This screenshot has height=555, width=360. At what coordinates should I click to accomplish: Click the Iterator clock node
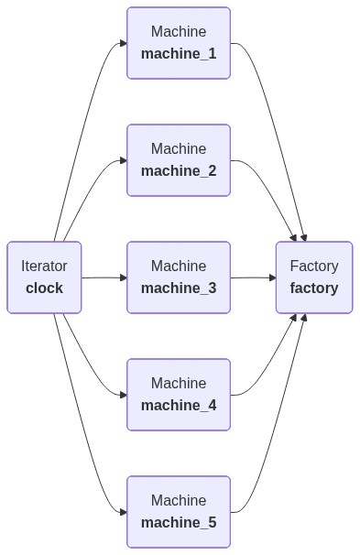coord(44,277)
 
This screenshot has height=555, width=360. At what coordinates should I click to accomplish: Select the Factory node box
coord(314,277)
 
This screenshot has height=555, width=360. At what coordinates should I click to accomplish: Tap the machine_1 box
coord(179,43)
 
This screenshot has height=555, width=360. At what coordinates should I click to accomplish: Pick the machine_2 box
coord(179,160)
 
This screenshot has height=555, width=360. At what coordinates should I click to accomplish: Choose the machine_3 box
coord(179,277)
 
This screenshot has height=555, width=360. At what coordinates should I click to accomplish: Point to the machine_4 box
coord(179,395)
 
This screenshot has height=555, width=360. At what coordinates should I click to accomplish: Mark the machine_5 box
coord(179,512)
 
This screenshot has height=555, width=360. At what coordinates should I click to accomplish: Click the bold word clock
coord(44,288)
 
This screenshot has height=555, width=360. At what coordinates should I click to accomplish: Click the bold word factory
coord(314,288)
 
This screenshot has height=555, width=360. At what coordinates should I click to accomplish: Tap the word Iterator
coord(44,267)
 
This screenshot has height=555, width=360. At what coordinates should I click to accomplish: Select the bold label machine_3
coord(179,288)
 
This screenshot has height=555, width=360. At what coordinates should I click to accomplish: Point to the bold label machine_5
coord(179,523)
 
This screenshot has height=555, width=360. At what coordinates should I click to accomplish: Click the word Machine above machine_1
coord(179,32)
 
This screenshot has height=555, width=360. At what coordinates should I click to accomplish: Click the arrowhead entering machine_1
coord(123,43)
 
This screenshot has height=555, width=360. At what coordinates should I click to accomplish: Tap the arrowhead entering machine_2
coord(123,160)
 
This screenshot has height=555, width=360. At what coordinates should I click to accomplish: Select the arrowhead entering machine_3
coord(123,277)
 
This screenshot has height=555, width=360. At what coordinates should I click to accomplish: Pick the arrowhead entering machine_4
coord(123,395)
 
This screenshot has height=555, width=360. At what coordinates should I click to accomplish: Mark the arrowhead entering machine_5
coord(123,512)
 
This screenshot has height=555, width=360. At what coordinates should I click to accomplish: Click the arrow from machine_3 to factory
coord(252,277)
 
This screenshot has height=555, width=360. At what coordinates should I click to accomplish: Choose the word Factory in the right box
coord(314,267)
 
